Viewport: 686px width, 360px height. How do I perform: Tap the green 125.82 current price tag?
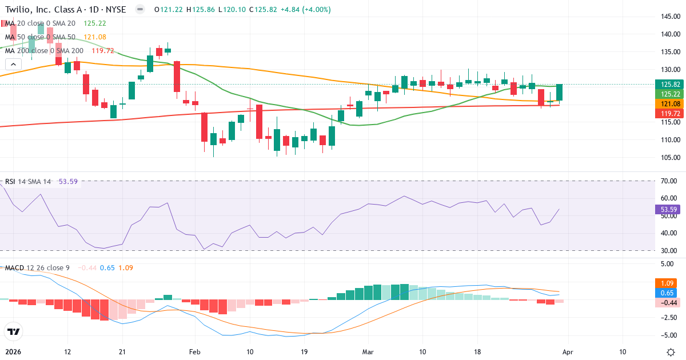pyautogui.click(x=669, y=84)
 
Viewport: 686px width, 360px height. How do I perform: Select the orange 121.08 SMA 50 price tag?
pyautogui.click(x=669, y=103)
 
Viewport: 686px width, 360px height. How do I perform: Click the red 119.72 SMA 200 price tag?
pyautogui.click(x=669, y=114)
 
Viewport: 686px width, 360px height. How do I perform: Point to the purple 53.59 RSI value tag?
pyautogui.click(x=669, y=210)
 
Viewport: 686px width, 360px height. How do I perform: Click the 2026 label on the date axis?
pyautogui.click(x=13, y=351)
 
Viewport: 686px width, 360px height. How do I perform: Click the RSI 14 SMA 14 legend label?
pyautogui.click(x=28, y=182)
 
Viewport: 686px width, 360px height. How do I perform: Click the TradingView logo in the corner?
pyautogui.click(x=14, y=331)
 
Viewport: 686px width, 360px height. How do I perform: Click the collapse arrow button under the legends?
pyautogui.click(x=11, y=64)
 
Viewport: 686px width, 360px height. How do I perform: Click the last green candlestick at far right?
pyautogui.click(x=560, y=93)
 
